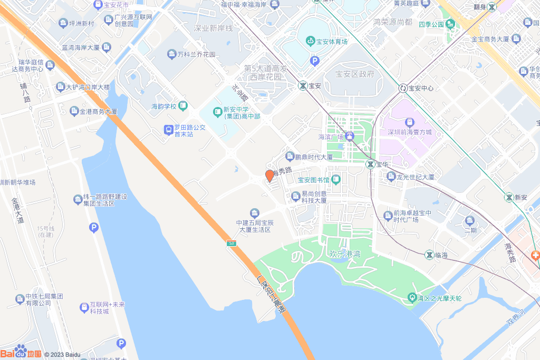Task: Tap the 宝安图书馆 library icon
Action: click(x=336, y=180)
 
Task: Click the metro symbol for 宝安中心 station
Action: click(x=403, y=88)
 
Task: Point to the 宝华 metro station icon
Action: click(x=371, y=164)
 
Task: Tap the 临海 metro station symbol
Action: click(x=430, y=255)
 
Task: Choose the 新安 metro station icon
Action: click(x=509, y=197)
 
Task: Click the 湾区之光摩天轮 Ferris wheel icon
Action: click(x=412, y=298)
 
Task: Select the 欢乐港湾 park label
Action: click(x=344, y=254)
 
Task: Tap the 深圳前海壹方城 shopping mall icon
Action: click(x=410, y=122)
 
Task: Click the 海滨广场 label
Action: click(x=331, y=137)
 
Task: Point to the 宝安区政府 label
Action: click(x=354, y=74)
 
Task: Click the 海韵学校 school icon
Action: click(x=183, y=106)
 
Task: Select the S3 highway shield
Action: click(x=232, y=243)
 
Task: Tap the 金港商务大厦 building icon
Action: click(x=74, y=111)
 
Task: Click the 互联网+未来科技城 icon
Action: click(x=84, y=307)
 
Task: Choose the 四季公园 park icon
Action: click(x=450, y=24)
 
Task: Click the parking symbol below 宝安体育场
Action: click(x=315, y=61)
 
